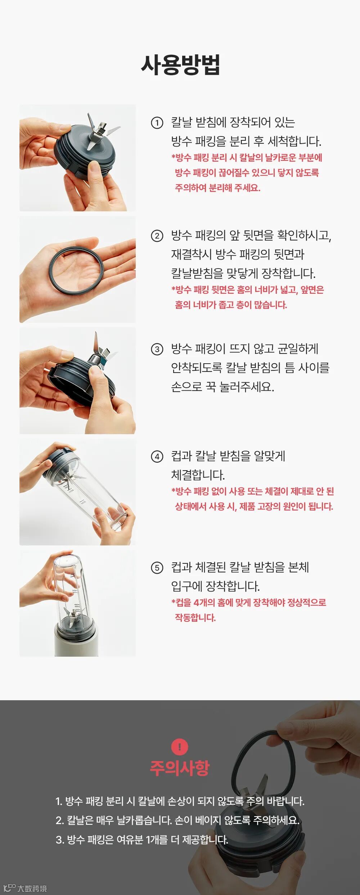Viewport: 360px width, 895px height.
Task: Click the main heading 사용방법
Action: [180, 65]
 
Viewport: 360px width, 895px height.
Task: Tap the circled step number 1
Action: [157, 123]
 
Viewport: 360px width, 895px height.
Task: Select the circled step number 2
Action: [157, 236]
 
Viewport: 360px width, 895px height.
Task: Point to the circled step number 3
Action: [157, 349]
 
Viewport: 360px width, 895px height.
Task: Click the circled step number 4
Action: [157, 457]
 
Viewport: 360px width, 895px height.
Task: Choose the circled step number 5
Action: [157, 568]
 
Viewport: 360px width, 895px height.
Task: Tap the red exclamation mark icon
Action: [180, 747]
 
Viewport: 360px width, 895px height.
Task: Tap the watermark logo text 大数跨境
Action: [32, 888]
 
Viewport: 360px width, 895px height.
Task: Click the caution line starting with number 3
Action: [142, 840]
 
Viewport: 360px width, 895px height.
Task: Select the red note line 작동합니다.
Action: [195, 618]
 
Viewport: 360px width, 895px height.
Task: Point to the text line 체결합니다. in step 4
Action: [198, 475]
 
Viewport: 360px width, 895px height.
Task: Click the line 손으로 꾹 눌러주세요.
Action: [222, 387]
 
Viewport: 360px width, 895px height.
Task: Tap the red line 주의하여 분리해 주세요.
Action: [217, 188]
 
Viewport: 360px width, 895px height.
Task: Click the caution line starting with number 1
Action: [180, 801]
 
